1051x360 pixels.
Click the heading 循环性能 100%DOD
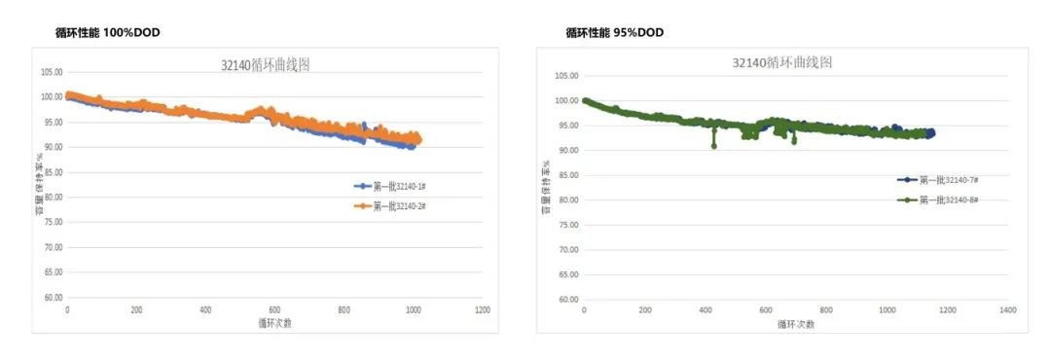pos(108,33)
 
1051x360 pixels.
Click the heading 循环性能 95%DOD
pos(614,33)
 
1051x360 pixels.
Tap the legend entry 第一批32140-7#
pos(943,180)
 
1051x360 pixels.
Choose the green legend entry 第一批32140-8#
pos(943,199)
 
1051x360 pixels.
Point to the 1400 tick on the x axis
pos(1006,309)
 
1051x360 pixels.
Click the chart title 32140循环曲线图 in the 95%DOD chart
pos(781,63)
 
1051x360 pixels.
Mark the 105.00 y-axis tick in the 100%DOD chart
pos(51,72)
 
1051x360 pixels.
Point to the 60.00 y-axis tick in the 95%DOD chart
pos(566,300)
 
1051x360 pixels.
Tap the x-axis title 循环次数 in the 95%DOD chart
pos(795,324)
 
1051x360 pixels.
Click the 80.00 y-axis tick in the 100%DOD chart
pos(51,198)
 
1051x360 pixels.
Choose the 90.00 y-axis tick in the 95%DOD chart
pos(566,150)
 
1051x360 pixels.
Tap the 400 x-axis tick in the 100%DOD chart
pos(205,310)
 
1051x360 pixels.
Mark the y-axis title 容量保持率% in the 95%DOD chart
pos(548,185)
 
